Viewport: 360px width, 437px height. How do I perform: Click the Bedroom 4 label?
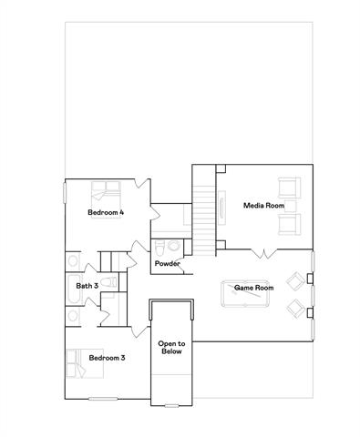[106, 212]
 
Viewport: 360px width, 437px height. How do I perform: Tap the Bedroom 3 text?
[106, 358]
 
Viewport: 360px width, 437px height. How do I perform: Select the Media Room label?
[260, 205]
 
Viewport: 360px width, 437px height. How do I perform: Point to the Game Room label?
[254, 288]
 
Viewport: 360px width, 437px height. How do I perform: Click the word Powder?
[167, 264]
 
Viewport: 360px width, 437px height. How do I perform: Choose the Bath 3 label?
[87, 286]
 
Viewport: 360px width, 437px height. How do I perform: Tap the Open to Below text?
[171, 348]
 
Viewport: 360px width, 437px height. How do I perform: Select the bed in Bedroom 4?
[103, 194]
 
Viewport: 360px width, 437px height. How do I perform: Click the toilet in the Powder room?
[159, 247]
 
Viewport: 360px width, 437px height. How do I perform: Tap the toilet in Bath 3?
[108, 283]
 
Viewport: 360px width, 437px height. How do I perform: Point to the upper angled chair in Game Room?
[295, 279]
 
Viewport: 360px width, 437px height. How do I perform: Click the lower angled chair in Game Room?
[295, 309]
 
